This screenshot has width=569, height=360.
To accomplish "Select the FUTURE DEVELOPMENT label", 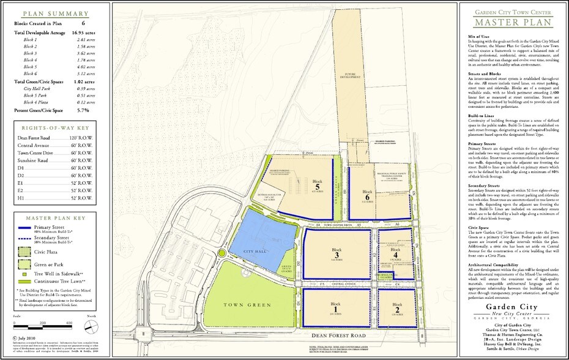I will tap(345, 75).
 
